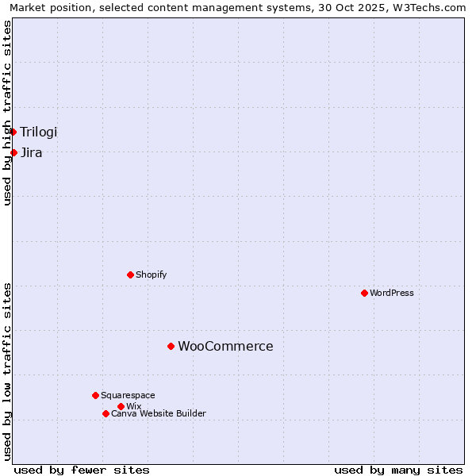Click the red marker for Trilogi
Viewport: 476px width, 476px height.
click(13, 132)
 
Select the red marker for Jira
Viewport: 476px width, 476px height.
click(13, 152)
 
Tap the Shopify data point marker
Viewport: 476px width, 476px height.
click(130, 274)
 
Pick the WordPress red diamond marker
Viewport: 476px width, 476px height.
click(364, 293)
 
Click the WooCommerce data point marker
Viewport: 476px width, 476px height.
click(171, 346)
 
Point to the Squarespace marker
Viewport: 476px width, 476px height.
click(95, 395)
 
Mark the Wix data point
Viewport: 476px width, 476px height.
click(121, 406)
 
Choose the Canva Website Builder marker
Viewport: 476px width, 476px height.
click(106, 413)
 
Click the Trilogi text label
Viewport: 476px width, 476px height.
click(39, 132)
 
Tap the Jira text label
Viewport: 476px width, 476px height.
click(32, 152)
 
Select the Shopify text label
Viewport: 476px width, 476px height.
click(151, 274)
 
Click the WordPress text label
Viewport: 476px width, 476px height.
click(392, 293)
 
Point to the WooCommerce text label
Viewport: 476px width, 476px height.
click(225, 346)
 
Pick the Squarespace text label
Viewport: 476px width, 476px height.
click(128, 395)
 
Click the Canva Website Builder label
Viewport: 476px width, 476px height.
click(159, 413)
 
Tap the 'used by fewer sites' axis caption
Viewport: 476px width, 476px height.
click(82, 470)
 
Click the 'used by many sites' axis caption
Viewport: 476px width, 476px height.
click(398, 470)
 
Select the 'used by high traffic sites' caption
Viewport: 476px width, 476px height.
click(7, 113)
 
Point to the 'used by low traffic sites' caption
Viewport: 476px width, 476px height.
click(7, 371)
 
